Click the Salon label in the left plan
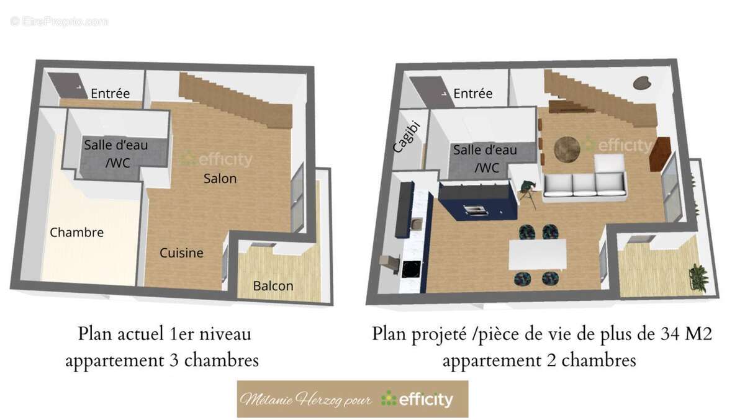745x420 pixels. pos(220,179)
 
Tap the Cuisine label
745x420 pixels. pos(181,253)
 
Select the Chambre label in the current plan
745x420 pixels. pos(76,233)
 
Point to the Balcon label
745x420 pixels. pos(273,286)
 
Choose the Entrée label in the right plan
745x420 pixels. pos(472,94)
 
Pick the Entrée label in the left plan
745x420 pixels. pos(110,94)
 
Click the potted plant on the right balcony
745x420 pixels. pos(700,277)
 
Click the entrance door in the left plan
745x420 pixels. pos(63,86)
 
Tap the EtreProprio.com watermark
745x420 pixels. pos(60,21)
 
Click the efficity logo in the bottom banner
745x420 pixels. pos(417,399)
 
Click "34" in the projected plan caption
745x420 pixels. pos(666,335)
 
